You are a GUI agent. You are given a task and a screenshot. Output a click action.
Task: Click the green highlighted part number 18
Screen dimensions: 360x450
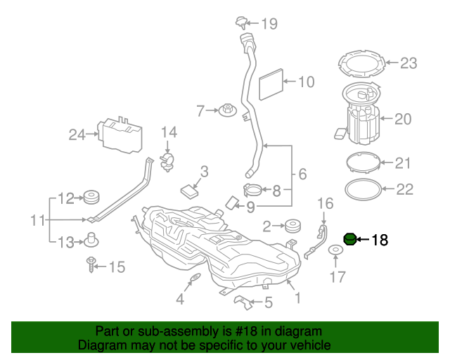point(349,240)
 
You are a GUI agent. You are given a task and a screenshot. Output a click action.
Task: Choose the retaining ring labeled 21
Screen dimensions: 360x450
point(366,163)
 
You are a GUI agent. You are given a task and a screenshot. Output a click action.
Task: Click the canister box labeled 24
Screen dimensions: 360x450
point(121,134)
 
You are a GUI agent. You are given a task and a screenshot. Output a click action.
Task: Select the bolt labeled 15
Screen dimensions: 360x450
point(91,266)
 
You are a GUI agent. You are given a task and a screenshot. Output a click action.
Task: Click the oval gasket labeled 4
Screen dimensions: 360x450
point(193,283)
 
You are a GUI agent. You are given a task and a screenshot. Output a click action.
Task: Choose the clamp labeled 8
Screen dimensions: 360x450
point(253,188)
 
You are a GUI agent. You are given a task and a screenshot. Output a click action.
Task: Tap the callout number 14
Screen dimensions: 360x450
point(169,132)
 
